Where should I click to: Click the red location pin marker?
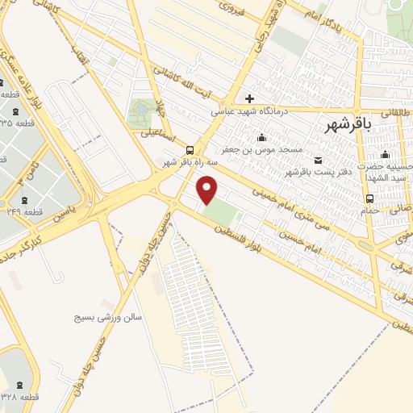[208, 190]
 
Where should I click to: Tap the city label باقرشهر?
[349, 124]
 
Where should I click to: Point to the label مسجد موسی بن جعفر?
[273, 150]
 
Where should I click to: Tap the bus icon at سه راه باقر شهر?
[190, 150]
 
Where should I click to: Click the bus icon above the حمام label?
[369, 198]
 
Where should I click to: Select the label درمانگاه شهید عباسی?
[239, 112]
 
